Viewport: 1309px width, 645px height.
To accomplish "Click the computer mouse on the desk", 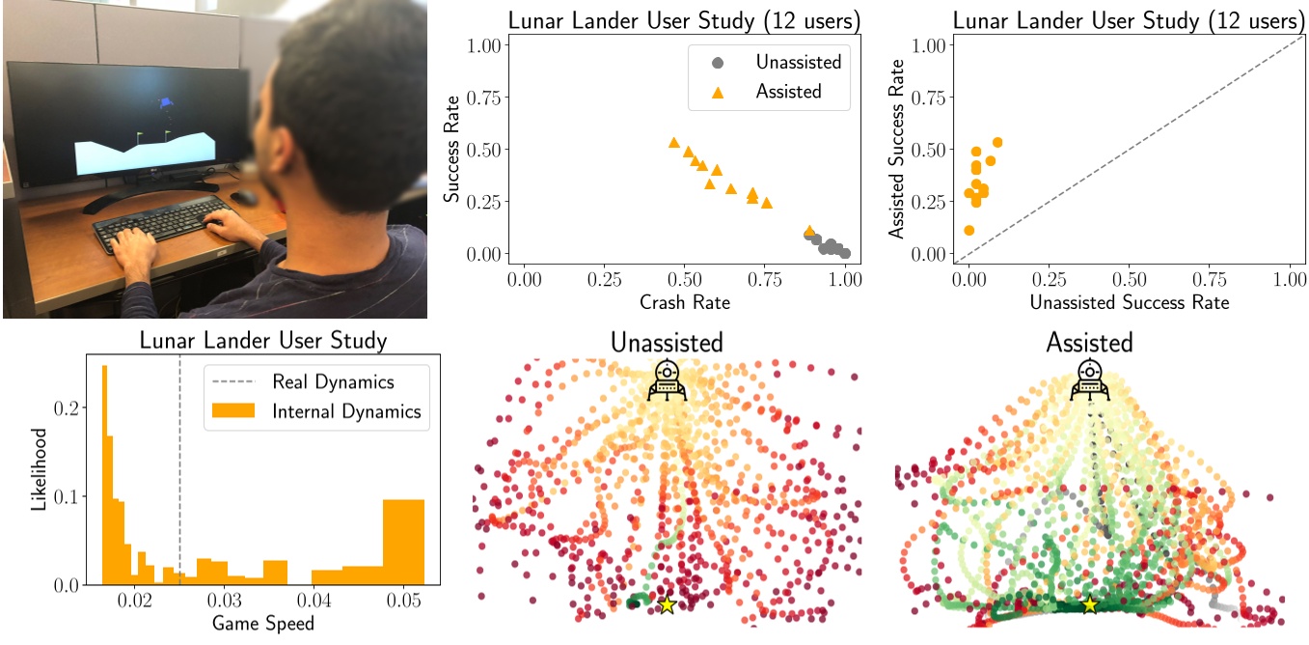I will point(245,197).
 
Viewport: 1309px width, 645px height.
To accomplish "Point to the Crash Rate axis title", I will point(684,302).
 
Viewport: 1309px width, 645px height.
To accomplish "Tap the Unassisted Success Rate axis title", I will point(1129,302).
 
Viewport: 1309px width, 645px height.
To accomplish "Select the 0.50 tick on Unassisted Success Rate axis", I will point(1130,278).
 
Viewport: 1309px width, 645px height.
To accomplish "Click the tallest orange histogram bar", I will point(104,475).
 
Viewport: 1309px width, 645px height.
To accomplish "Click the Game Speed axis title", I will point(263,624).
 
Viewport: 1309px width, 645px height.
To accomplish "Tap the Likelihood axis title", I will point(38,470).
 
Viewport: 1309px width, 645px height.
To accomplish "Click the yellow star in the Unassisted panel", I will point(666,605).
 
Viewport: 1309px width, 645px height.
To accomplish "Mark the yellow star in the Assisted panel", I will point(1089,604).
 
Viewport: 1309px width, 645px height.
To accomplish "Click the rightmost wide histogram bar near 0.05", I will point(403,542).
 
